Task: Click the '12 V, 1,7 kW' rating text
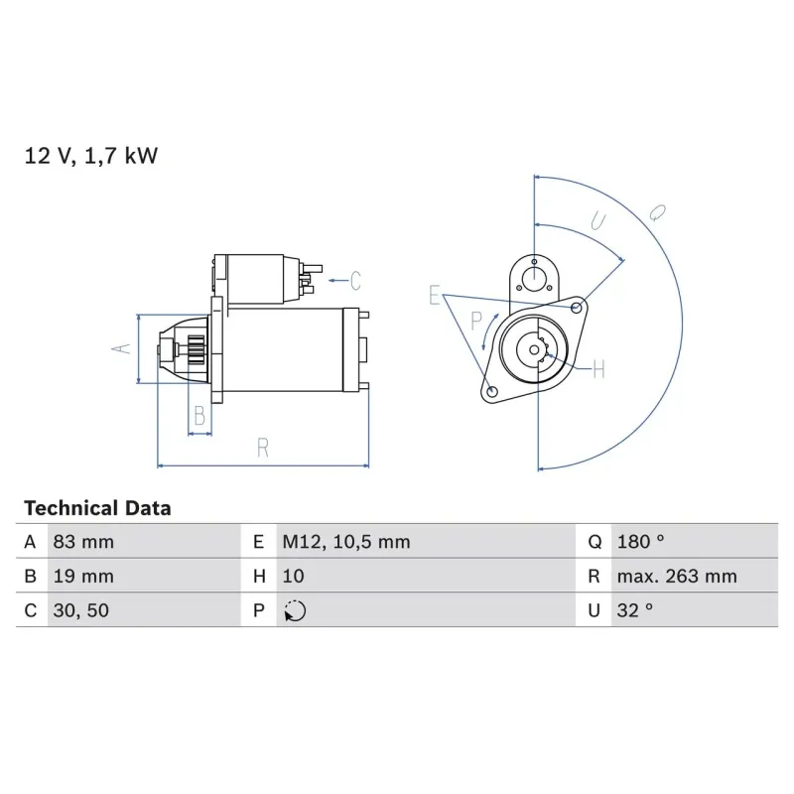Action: [x=90, y=156]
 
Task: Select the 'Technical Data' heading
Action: [x=97, y=508]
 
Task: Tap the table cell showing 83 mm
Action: [x=82, y=542]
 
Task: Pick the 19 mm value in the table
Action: [x=82, y=577]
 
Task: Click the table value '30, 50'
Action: [x=80, y=611]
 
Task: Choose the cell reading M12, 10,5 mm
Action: [x=345, y=542]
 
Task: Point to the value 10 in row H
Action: [x=293, y=577]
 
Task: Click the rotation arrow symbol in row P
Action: [x=295, y=611]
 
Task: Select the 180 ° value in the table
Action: [x=640, y=542]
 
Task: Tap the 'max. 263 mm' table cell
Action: [x=676, y=577]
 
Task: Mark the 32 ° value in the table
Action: [x=635, y=611]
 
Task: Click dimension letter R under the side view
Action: [x=263, y=448]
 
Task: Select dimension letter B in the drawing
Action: [x=199, y=417]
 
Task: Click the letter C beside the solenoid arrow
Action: [x=354, y=281]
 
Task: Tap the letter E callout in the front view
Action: [x=434, y=295]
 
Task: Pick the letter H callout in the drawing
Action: [x=597, y=370]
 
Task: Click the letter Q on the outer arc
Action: [x=657, y=210]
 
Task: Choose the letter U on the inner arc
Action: [x=596, y=220]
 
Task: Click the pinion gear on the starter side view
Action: [x=195, y=353]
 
